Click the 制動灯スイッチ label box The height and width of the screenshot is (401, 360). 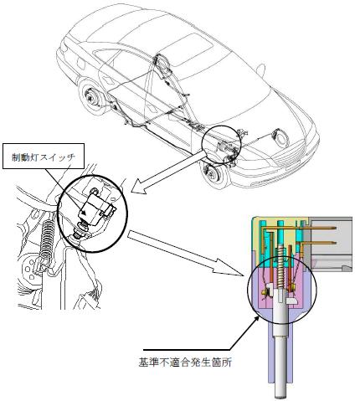point(44,157)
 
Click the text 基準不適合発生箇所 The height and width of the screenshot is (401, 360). point(185,362)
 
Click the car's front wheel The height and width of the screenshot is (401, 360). point(215,172)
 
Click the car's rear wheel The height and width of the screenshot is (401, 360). point(93,97)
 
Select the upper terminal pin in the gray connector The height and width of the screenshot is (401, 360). point(298,229)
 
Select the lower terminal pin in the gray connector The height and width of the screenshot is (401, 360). point(318,242)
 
